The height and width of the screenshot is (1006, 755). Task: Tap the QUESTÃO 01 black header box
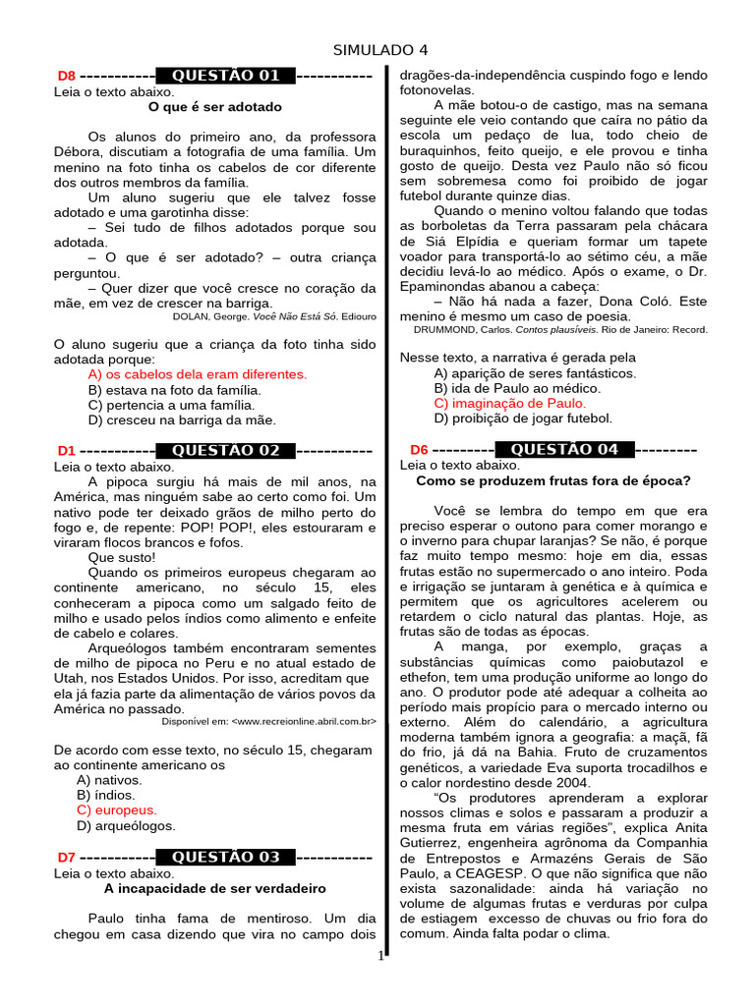pyautogui.click(x=225, y=76)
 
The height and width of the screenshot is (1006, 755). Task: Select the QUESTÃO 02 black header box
pyautogui.click(x=225, y=451)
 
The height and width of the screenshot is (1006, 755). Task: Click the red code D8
pyautogui.click(x=66, y=77)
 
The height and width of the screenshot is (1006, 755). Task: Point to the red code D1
pyautogui.click(x=66, y=452)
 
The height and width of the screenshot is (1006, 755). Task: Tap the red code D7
pyautogui.click(x=66, y=858)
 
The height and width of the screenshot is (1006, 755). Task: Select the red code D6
pyautogui.click(x=419, y=451)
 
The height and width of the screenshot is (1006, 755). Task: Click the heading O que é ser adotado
pyautogui.click(x=214, y=106)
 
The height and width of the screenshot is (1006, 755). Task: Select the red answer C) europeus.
pyautogui.click(x=117, y=810)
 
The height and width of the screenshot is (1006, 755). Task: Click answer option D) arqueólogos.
pyautogui.click(x=126, y=826)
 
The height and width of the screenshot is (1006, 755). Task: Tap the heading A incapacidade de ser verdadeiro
pyautogui.click(x=214, y=888)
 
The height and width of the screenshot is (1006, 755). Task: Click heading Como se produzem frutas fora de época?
pyautogui.click(x=553, y=480)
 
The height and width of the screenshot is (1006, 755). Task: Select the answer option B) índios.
pyautogui.click(x=106, y=795)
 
